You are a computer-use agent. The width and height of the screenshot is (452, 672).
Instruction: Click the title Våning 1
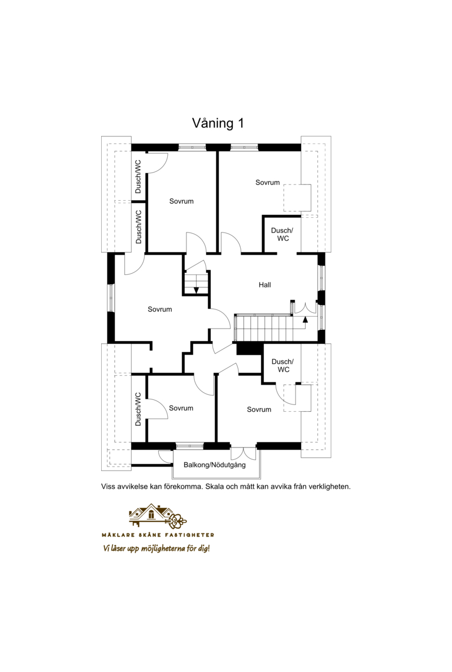click(218, 123)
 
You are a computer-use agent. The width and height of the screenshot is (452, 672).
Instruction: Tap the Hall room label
click(264, 285)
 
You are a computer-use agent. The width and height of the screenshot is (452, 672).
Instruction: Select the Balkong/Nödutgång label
click(215, 464)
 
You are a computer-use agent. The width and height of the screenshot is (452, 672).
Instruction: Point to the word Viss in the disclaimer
click(108, 486)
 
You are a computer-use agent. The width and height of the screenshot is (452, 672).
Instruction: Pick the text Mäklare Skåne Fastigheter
click(158, 535)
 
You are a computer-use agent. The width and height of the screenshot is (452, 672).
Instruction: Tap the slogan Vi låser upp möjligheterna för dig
click(157, 548)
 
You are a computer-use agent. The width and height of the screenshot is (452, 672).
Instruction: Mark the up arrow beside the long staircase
click(305, 318)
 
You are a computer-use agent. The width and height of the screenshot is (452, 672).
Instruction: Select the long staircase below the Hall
click(263, 328)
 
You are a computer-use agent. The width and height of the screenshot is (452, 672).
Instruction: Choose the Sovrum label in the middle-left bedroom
click(160, 309)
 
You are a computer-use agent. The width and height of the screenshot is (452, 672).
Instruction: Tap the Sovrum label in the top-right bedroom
click(267, 182)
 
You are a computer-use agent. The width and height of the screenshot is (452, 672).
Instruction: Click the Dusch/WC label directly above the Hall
click(282, 234)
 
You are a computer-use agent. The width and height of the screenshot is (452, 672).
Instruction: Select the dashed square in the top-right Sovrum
click(297, 197)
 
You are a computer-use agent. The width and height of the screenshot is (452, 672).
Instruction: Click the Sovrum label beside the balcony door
click(259, 410)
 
